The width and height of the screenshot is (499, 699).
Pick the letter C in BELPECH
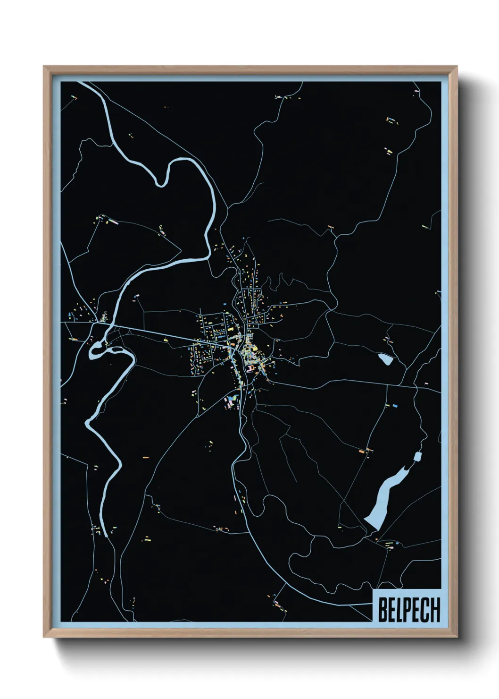pos(425,610)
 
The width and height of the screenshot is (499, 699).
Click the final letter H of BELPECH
pos(435,610)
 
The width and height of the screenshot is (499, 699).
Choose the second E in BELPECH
pos(417,610)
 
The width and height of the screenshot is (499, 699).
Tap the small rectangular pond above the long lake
pos(417,456)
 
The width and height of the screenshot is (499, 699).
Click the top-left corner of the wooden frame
pos(44,67)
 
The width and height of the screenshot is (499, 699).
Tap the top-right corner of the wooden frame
pos(457,67)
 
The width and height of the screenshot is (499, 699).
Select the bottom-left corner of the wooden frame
pos(44,637)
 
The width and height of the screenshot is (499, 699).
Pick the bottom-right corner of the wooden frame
pos(457,637)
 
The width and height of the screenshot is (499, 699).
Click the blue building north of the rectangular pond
pos(395,405)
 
